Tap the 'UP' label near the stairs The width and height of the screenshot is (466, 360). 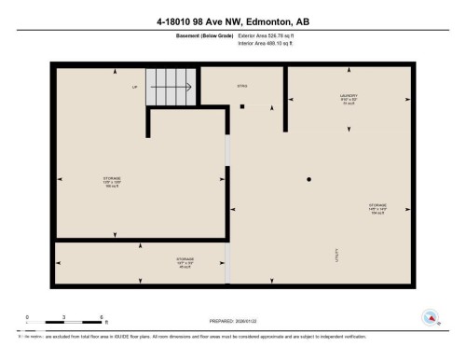click(134, 88)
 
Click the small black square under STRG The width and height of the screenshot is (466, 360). click(241, 106)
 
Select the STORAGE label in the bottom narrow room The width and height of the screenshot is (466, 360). click(185, 262)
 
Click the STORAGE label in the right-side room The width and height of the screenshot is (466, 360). click(377, 207)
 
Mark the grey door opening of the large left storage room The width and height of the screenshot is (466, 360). click(227, 150)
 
